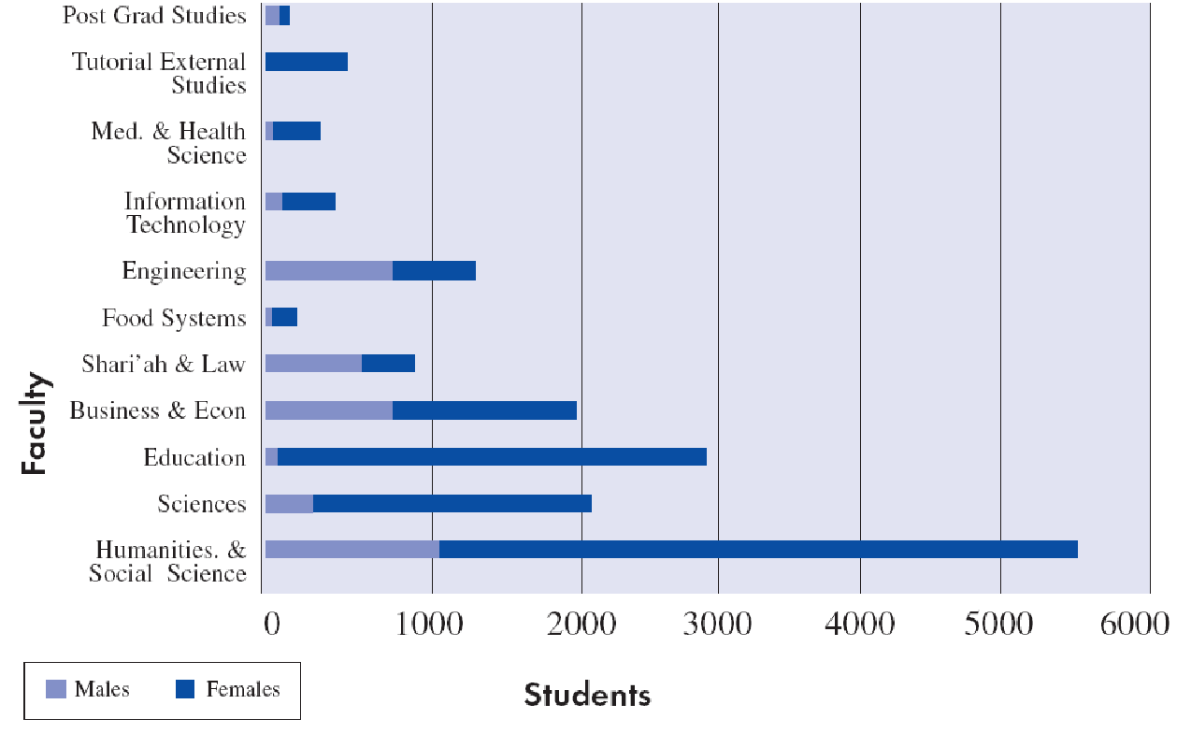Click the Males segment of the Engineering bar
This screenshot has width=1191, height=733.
328,271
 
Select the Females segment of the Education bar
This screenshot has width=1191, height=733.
492,457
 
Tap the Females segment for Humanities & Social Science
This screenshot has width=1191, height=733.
758,550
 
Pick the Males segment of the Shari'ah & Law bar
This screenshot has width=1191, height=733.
313,364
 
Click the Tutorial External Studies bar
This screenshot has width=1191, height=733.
307,62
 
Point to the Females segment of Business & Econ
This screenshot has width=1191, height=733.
484,410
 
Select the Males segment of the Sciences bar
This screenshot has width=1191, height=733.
289,504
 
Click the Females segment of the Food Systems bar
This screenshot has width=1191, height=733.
284,318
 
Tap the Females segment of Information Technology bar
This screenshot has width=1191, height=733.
309,201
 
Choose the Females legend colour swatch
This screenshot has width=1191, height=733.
185,690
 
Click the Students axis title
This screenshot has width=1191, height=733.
587,696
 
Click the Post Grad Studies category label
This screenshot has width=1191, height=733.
154,16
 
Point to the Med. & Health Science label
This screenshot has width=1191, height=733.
168,143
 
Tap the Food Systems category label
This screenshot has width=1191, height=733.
174,319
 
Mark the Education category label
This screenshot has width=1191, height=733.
194,458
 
